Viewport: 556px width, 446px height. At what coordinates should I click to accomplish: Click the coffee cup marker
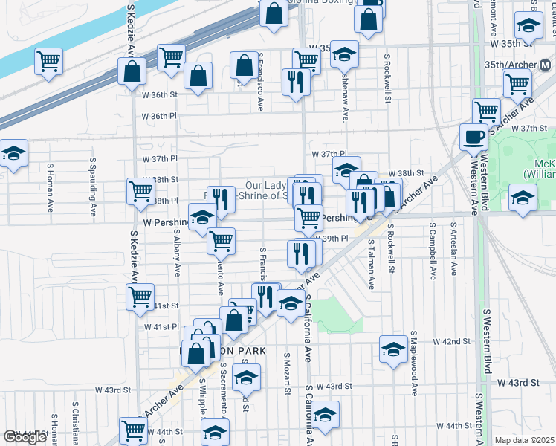click(473, 137)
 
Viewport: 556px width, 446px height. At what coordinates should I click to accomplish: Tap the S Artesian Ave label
click(451, 253)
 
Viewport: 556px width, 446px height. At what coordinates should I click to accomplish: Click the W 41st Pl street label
click(161, 327)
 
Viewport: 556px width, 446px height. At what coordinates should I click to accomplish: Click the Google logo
click(25, 437)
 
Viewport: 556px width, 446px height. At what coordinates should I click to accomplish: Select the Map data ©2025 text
click(525, 440)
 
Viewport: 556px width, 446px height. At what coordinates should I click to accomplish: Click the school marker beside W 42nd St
click(392, 349)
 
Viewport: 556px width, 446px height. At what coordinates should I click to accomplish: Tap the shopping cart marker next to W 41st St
click(140, 296)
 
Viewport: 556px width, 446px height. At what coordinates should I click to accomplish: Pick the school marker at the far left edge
click(12, 153)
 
